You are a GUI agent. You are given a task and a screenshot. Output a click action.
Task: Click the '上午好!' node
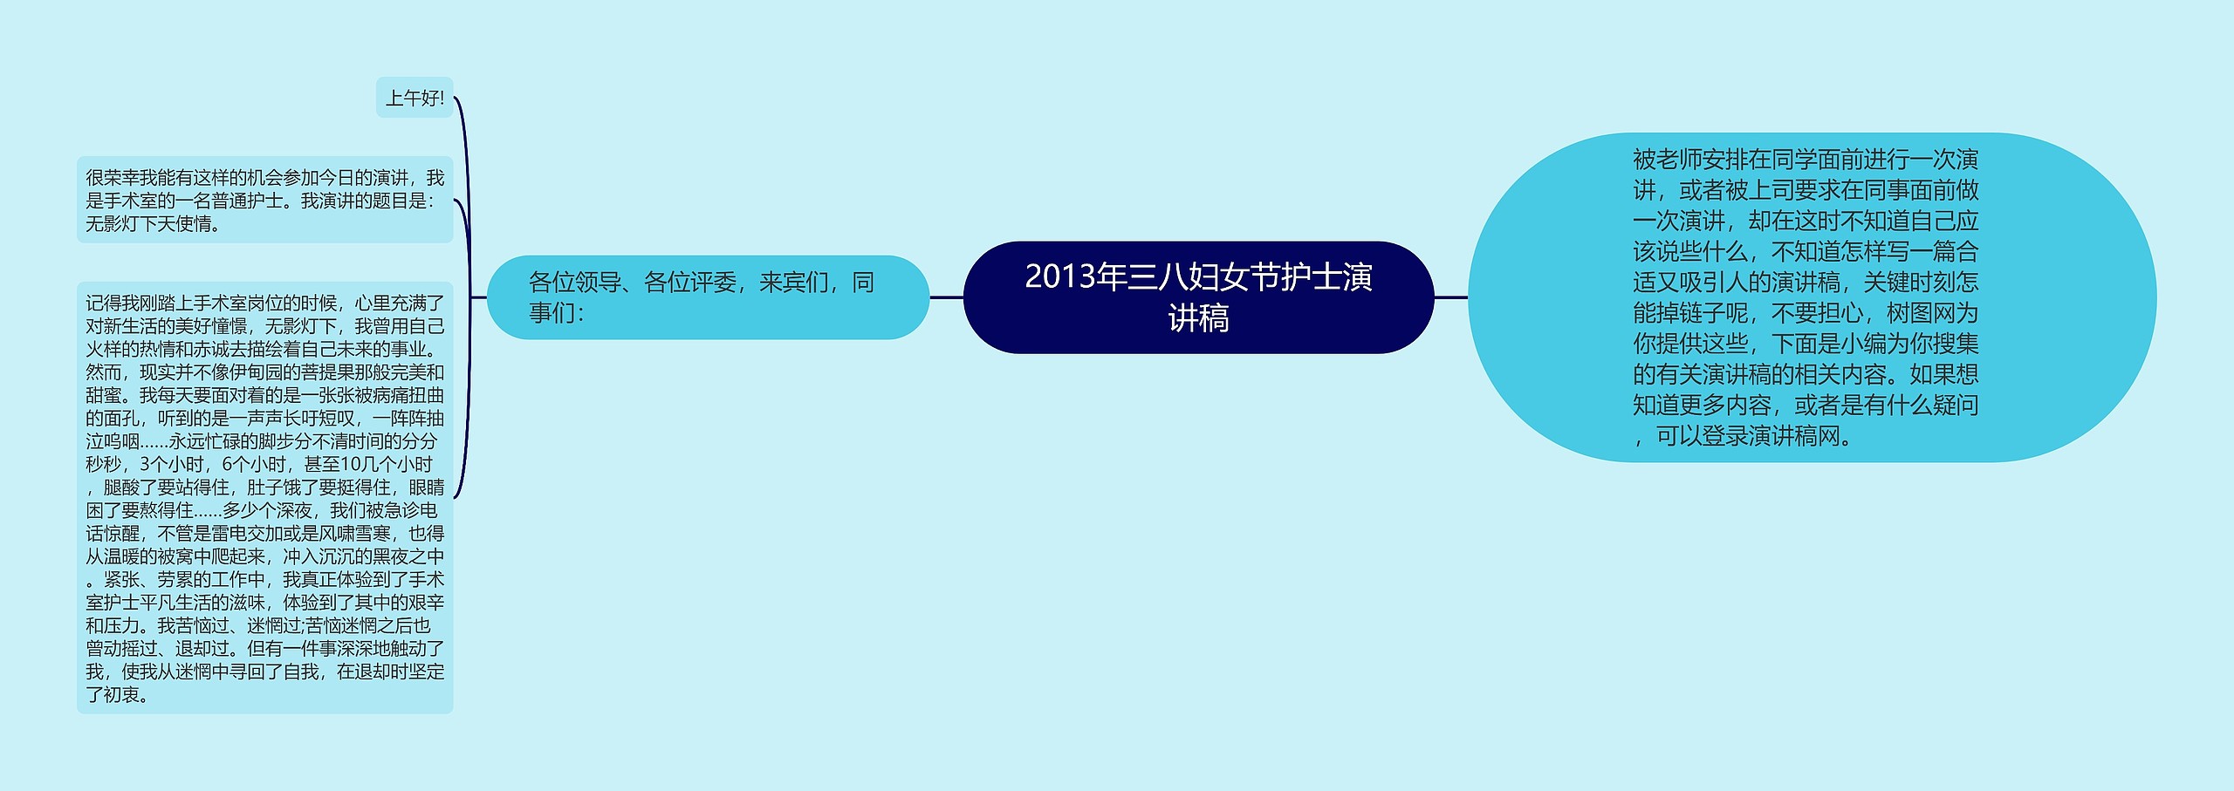point(415,98)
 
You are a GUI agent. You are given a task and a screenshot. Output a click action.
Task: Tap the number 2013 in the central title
point(1059,276)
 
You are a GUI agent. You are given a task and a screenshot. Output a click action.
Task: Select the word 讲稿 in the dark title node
point(1198,318)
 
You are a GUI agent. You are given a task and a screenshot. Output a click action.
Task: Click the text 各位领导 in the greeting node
point(574,283)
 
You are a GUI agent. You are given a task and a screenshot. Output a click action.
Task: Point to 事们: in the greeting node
point(556,313)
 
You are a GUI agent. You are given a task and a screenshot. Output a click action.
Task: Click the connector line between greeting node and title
point(946,297)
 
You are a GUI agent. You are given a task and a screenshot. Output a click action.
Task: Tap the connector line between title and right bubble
point(1451,297)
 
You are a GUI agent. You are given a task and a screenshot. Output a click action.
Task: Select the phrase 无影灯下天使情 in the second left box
point(148,224)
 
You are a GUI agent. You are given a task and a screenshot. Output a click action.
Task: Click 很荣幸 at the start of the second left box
point(113,178)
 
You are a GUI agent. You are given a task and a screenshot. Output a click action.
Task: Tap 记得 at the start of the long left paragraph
point(103,303)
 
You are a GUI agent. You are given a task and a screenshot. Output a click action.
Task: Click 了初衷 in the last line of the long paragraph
point(113,695)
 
